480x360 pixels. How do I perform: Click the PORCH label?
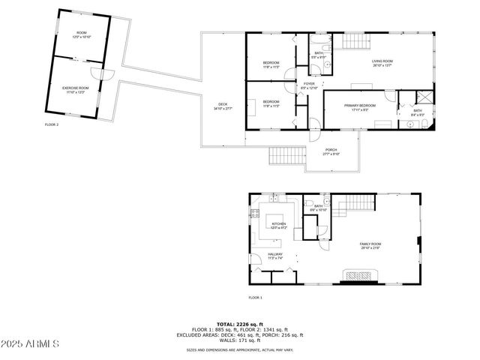pos(331,152)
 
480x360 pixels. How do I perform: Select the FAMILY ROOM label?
pos(370,245)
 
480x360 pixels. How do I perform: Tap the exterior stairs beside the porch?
pos(289,157)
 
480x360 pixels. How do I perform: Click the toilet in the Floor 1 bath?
pos(309,203)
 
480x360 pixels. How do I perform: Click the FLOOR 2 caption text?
pos(52,124)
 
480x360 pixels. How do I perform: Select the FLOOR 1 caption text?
pos(256,298)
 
